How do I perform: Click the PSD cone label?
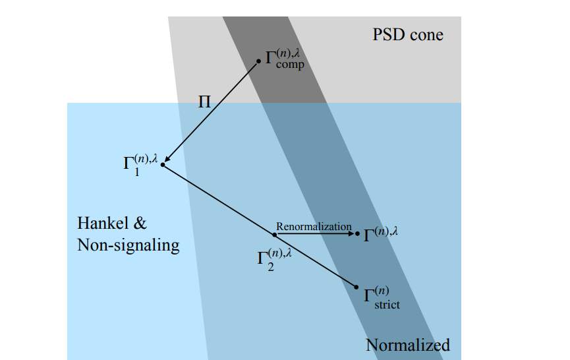(409, 35)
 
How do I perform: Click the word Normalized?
(407, 345)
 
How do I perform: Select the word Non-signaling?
(128, 245)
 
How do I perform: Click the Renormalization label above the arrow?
(314, 226)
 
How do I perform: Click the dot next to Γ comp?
(258, 61)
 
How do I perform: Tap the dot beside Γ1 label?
(162, 164)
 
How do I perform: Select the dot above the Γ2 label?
(275, 234)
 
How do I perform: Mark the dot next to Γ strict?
(356, 286)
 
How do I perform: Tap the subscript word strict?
(387, 305)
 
